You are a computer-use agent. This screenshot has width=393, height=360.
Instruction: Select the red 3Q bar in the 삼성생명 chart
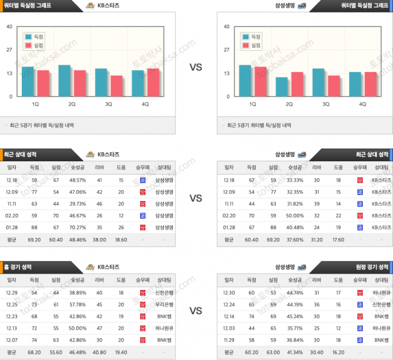point(334,86)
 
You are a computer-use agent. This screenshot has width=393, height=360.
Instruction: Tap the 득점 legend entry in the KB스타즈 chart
point(33,36)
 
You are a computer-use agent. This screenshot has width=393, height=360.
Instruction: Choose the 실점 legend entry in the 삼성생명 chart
point(251,45)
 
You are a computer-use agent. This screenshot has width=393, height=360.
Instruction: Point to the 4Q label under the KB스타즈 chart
point(145,104)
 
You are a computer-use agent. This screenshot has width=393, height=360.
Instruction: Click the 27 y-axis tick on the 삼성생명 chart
point(226,50)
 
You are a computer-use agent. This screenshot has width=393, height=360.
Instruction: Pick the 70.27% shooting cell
point(77,227)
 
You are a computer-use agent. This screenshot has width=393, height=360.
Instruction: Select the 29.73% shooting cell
point(77,204)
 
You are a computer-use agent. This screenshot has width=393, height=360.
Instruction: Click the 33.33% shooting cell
point(295,180)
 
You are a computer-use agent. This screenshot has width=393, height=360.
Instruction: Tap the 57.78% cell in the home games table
point(77,304)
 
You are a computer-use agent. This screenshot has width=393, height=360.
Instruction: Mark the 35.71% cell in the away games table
point(295,327)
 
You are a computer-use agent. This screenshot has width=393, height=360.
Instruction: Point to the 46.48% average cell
point(77,352)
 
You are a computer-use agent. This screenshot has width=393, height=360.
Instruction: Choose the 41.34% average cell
point(295,352)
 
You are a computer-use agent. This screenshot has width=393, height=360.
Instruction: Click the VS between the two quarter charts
point(196,67)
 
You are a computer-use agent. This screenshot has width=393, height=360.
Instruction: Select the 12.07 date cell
point(12,339)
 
